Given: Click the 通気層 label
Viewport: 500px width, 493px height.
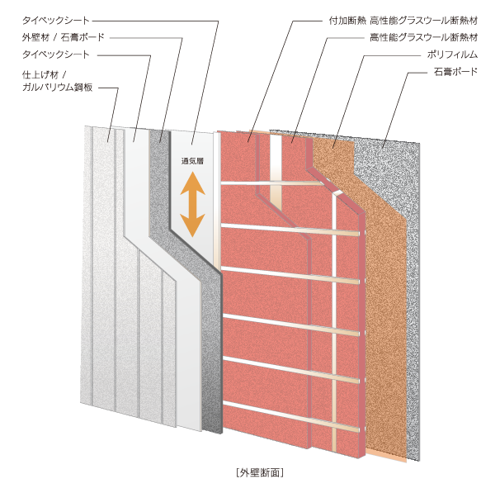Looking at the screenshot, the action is [x=192, y=161].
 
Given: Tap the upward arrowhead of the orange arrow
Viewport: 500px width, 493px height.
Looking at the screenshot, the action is [x=192, y=183].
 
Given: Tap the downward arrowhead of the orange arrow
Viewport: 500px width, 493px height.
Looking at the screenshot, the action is [x=192, y=225].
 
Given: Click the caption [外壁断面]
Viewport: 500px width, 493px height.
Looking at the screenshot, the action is [x=260, y=472].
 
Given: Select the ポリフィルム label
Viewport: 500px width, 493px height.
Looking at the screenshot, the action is [x=452, y=55].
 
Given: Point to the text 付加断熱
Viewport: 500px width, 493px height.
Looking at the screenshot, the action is [x=347, y=21].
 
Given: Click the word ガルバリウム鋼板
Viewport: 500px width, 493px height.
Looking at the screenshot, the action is [x=58, y=87].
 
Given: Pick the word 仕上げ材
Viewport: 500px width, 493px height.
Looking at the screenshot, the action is [x=40, y=75].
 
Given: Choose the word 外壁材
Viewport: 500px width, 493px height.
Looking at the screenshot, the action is [x=35, y=37].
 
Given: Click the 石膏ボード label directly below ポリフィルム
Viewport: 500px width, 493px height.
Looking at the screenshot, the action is [x=455, y=71].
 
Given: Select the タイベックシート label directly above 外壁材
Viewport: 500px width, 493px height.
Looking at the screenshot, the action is [x=56, y=21].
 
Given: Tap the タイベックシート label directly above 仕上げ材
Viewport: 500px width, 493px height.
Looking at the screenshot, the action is [x=56, y=55].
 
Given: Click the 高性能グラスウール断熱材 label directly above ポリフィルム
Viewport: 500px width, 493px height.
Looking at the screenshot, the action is [x=424, y=38].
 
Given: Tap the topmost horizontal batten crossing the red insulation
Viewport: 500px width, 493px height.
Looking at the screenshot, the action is [x=271, y=183].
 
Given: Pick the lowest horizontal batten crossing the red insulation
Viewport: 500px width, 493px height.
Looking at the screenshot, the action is [x=290, y=416].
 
